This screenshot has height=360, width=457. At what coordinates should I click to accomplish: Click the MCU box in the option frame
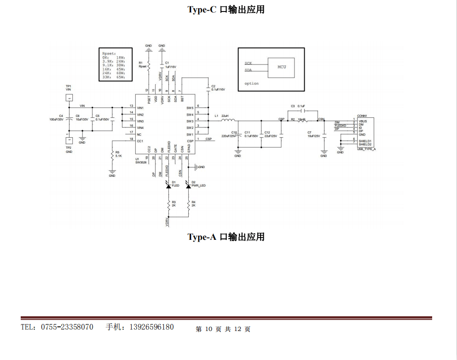click(282, 67)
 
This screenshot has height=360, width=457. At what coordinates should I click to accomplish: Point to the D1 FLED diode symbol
click(168, 185)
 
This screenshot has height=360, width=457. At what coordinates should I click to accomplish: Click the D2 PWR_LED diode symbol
click(188, 185)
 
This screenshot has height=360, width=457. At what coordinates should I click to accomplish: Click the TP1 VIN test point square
click(69, 98)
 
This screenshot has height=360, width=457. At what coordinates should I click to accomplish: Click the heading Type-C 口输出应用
click(226, 9)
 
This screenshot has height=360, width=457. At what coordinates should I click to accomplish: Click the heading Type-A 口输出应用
click(226, 237)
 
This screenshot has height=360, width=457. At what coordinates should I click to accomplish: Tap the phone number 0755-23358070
click(67, 327)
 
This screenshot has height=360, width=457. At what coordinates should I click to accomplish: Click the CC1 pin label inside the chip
click(140, 140)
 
